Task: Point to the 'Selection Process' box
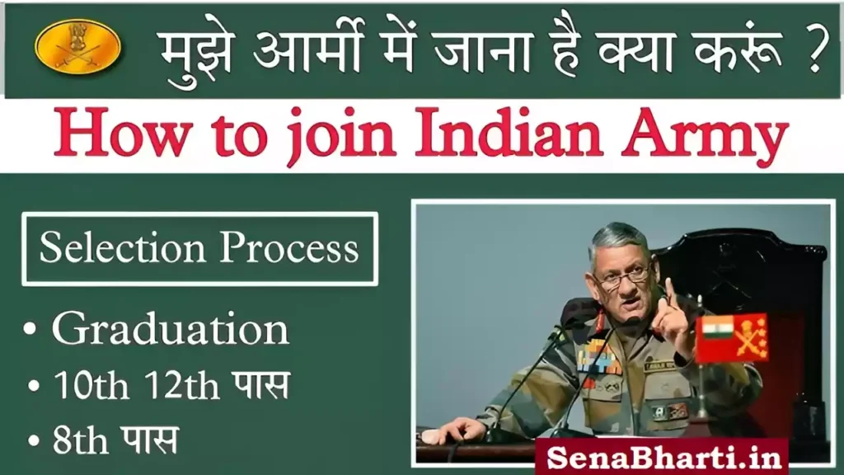click(x=199, y=248)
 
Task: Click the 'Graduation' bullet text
click(x=170, y=329)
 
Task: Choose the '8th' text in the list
click(x=77, y=440)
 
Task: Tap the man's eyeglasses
click(x=623, y=277)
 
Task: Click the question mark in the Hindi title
click(x=811, y=51)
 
